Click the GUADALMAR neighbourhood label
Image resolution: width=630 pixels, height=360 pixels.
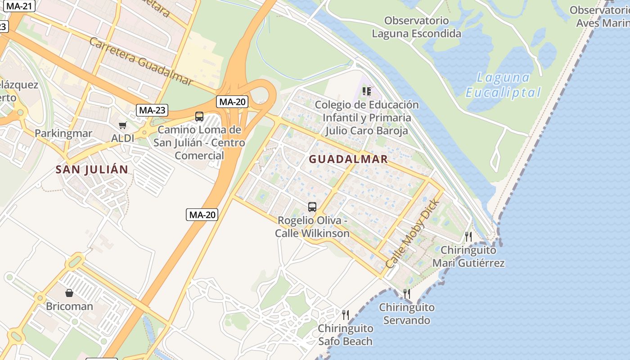(348, 159)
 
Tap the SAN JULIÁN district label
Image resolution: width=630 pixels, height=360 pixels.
(92, 170)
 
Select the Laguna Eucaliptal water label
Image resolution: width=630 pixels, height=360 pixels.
(503, 85)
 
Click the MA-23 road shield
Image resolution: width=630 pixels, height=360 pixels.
(152, 110)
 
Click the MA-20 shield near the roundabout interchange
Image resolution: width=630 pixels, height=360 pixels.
(232, 102)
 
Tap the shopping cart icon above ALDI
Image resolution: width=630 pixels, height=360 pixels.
(122, 125)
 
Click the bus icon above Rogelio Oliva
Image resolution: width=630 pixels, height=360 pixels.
(312, 207)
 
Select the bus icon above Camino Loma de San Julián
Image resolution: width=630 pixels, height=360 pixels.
(199, 116)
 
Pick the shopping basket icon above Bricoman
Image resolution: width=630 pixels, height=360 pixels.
(69, 293)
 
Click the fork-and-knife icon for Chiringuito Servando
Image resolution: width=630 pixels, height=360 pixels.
(406, 294)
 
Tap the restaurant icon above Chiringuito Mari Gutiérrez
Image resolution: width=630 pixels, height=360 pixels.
(468, 236)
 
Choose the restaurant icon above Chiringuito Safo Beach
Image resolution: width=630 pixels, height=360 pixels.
(345, 315)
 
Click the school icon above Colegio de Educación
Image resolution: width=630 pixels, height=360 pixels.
(367, 91)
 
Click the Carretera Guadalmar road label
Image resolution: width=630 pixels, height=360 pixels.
(141, 61)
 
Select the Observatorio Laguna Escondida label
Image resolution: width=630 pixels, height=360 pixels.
(416, 27)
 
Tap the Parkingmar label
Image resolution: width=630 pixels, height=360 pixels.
(63, 133)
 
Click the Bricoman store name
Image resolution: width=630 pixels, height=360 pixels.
(69, 306)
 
